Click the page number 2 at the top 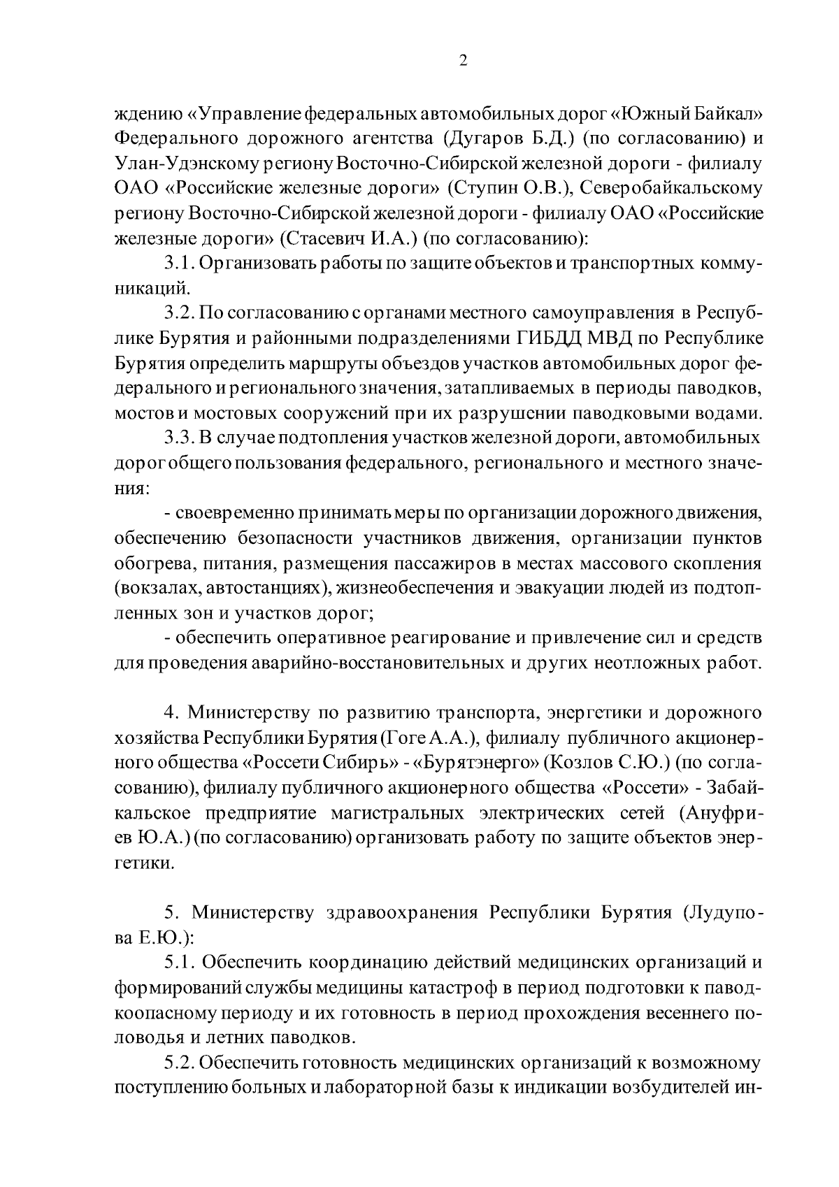tap(462, 60)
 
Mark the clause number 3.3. tap(178, 439)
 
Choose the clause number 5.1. tap(178, 963)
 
